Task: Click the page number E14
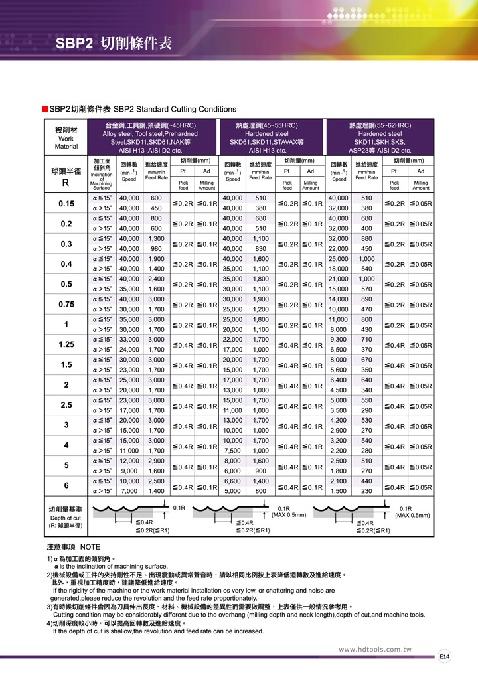[445, 656]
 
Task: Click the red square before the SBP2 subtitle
[44, 109]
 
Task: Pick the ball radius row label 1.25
[66, 345]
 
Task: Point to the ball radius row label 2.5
[66, 406]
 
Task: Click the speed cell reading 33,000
[129, 340]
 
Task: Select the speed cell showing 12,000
[129, 461]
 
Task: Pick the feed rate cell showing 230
[366, 490]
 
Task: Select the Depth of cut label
[66, 518]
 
